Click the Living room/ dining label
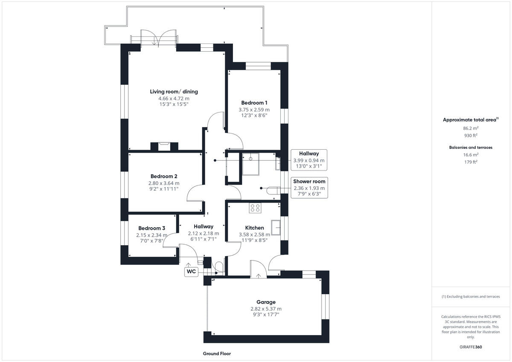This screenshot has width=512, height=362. click(174, 92)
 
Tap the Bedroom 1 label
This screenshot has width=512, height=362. click(254, 103)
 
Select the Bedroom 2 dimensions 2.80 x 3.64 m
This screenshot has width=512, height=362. click(164, 183)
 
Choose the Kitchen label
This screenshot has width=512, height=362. click(254, 228)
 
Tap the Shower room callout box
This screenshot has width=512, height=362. click(309, 187)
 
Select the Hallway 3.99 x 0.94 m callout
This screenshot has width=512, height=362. click(308, 160)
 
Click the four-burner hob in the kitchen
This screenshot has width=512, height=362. click(255, 208)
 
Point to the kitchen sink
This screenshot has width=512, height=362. click(275, 228)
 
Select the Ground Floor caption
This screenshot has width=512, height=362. click(217, 353)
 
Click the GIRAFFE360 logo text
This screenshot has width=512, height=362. click(470, 347)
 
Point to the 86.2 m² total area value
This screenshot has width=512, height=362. click(471, 128)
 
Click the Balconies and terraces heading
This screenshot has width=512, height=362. click(471, 148)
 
